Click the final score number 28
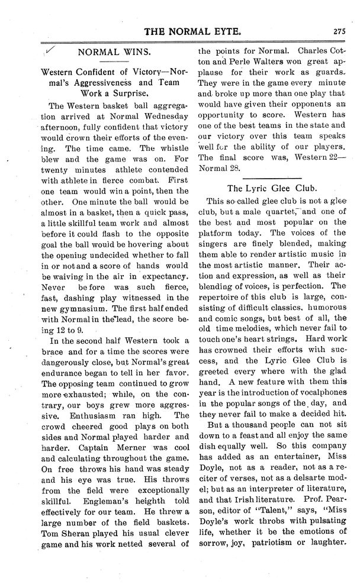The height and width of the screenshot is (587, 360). [x=233, y=168]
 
